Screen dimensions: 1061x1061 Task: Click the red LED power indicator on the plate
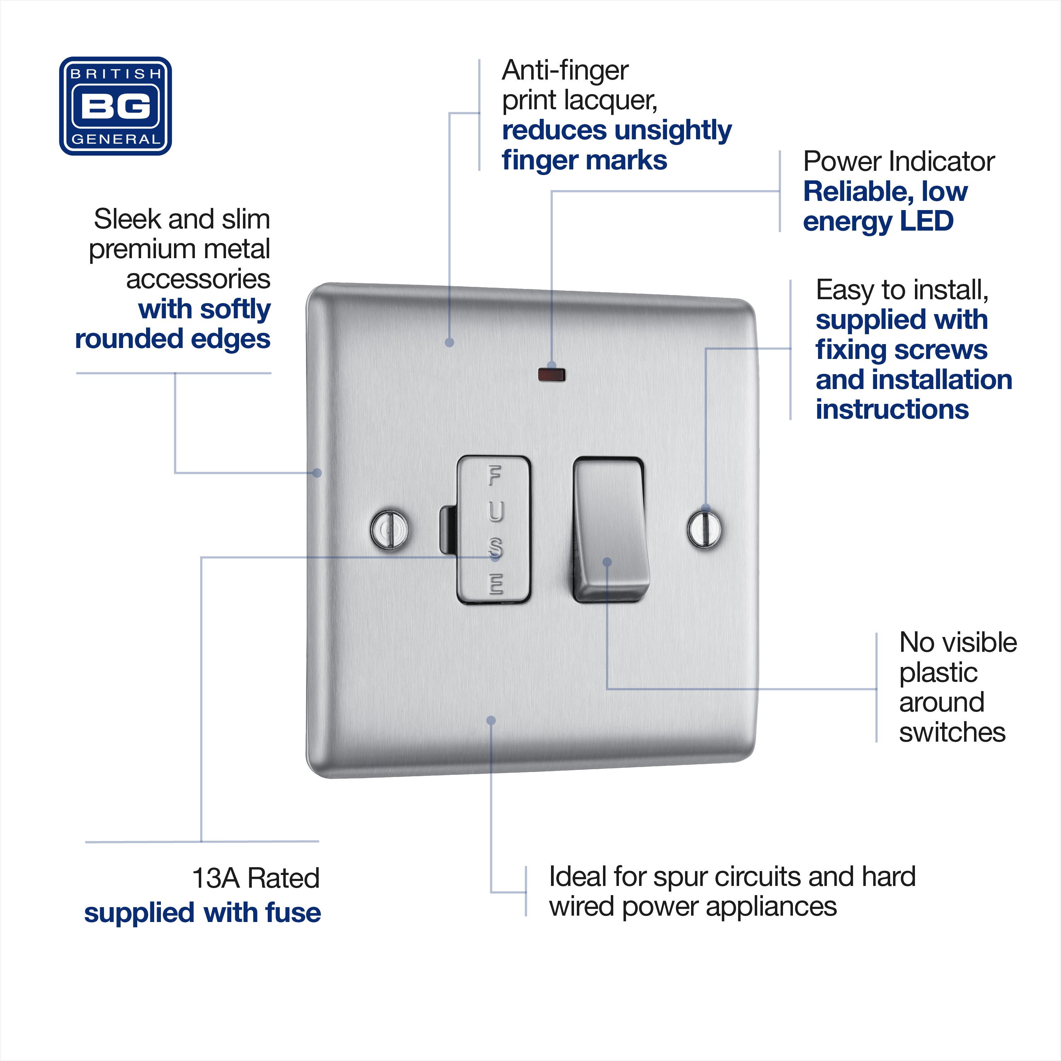tap(551, 376)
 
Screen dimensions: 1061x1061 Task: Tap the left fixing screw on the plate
tap(389, 529)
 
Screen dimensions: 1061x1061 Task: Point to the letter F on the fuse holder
tap(495, 476)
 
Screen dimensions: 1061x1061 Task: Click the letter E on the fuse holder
tap(496, 584)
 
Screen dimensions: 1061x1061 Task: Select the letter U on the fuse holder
tap(495, 512)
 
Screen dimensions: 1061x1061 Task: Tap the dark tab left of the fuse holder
tap(448, 530)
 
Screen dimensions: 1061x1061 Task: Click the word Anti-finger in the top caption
tap(565, 71)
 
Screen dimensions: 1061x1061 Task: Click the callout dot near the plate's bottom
tap(492, 720)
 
